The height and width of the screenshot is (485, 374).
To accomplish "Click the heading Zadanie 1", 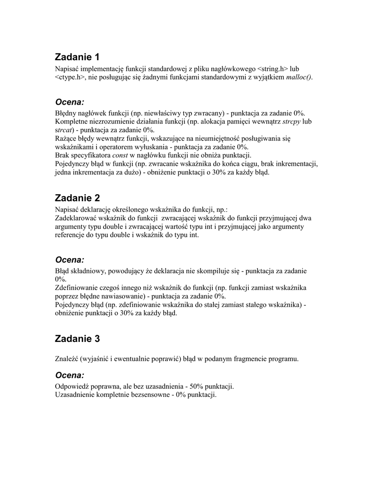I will pos(78,57).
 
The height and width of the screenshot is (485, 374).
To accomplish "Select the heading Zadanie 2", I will pos(78,198).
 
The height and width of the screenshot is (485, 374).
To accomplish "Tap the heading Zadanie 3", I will pos(78,339).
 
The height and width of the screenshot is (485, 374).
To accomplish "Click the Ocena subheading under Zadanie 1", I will pos(70,102).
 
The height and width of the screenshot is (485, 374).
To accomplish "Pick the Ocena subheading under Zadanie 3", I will pos(70,375).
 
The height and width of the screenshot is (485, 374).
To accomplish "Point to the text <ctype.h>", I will pos(70,77).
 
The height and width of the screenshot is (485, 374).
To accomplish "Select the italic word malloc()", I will pos(299,77).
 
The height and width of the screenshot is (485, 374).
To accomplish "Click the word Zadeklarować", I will pos(77,218).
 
